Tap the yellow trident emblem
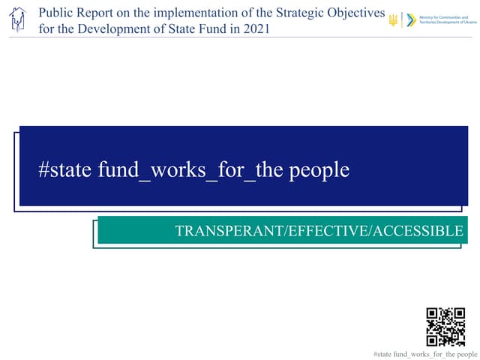point(393,20)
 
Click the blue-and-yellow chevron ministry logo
point(409,20)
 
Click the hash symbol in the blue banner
point(43,170)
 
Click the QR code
point(445,326)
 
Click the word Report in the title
point(97,14)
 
